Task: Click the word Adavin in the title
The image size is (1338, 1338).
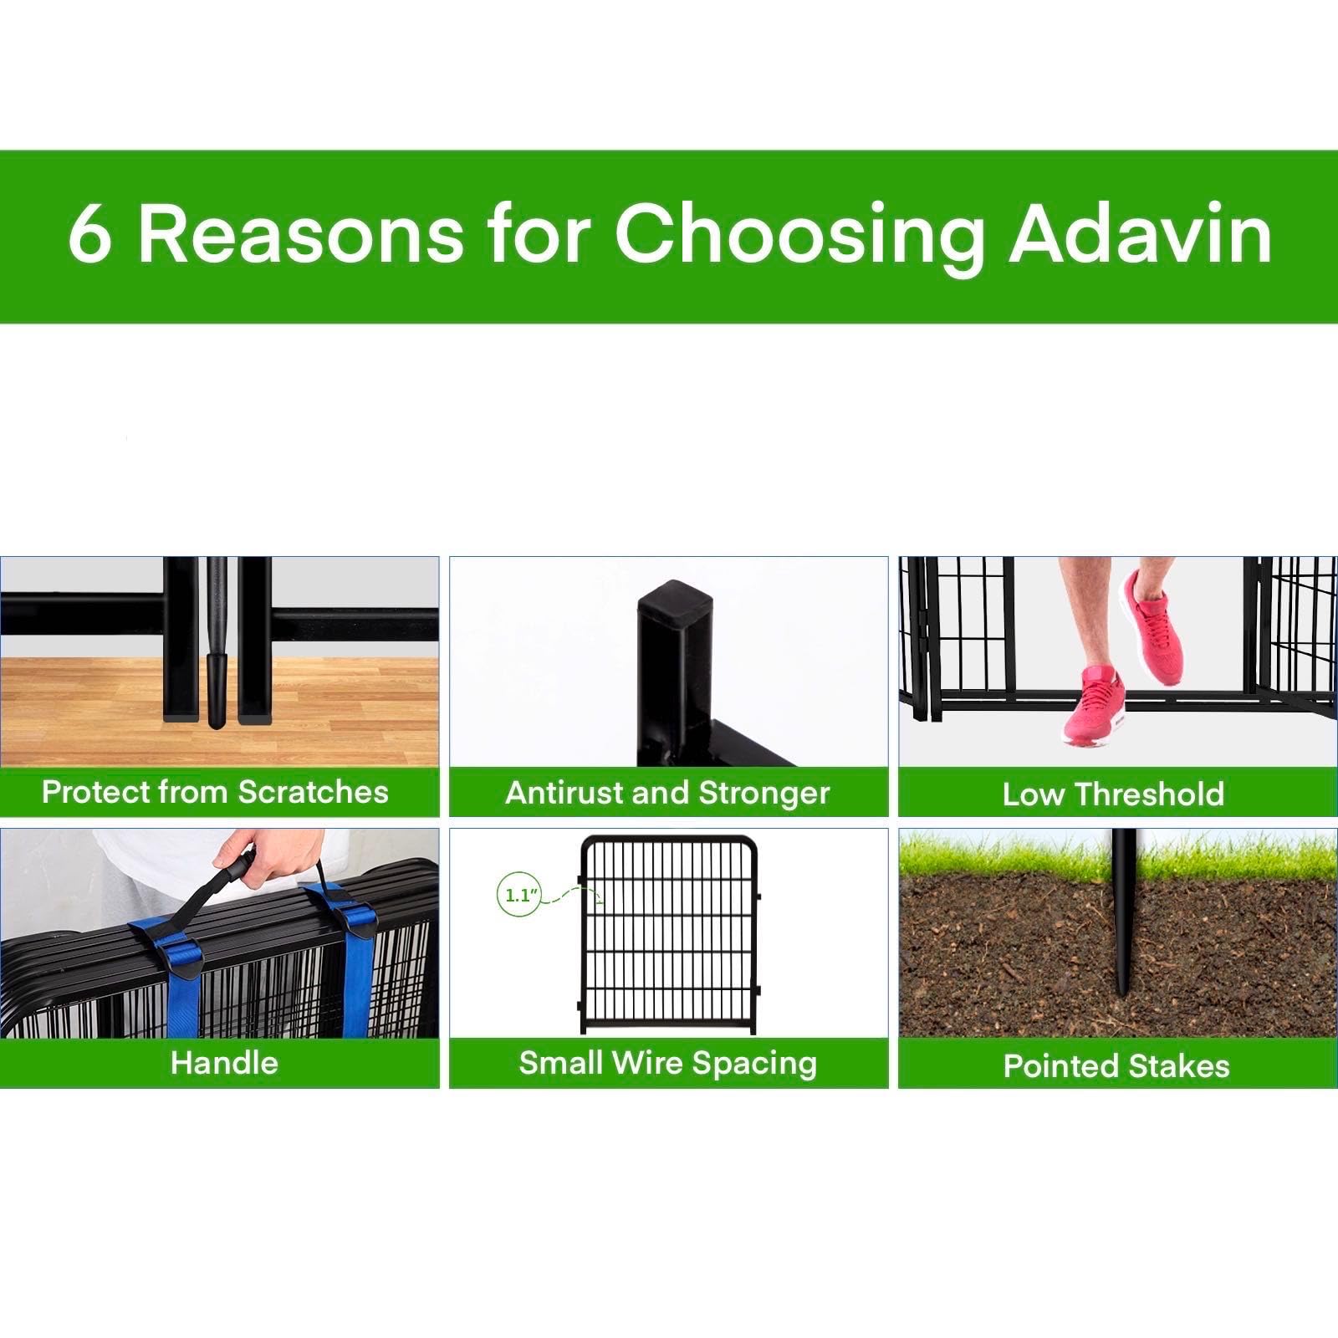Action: pos(1141,233)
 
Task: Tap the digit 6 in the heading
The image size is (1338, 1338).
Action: pos(89,235)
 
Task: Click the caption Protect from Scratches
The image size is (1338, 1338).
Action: pos(215,792)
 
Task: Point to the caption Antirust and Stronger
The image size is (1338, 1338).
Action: pos(667,793)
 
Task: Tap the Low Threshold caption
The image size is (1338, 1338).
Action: pos(1113,794)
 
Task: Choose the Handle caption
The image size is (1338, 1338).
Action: pos(223,1063)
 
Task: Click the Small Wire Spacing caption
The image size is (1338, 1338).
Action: pos(667,1063)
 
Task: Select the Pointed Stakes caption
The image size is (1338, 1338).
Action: pos(1116,1065)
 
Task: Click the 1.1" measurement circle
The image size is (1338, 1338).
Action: pos(518,896)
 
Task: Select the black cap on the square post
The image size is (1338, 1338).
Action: pos(675,600)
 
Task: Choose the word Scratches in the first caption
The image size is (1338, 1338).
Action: pos(313,792)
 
